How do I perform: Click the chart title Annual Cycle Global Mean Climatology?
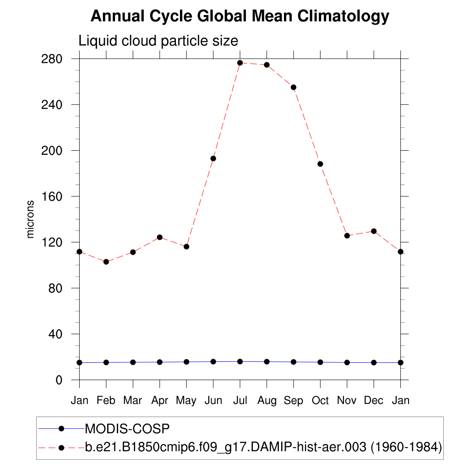(240, 16)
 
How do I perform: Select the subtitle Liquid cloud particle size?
(158, 41)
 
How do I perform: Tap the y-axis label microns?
(31, 219)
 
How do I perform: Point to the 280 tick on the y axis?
(52, 59)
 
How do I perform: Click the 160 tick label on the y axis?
(52, 196)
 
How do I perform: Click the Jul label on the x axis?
(240, 401)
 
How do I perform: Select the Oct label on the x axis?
(320, 401)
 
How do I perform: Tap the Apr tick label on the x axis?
(159, 401)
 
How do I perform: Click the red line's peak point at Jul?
(240, 63)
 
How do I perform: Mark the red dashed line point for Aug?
(267, 65)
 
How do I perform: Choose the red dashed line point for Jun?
(213, 158)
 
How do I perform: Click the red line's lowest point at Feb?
(106, 262)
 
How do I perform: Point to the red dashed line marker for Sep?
(294, 87)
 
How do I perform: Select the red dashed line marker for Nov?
(347, 235)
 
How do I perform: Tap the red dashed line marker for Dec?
(374, 231)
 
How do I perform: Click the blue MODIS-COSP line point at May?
(186, 362)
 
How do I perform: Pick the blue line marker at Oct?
(320, 362)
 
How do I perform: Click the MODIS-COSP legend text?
(127, 429)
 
